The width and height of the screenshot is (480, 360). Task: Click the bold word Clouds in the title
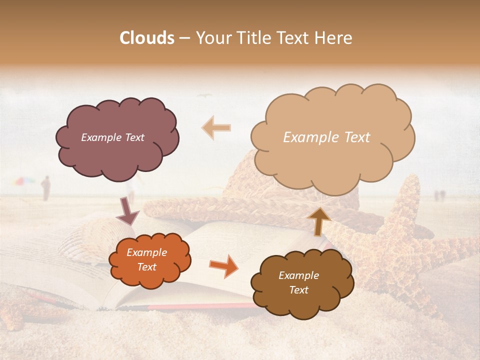coord(147,38)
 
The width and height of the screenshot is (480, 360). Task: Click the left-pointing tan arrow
coord(216,128)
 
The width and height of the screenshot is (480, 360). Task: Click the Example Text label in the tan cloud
coord(326,137)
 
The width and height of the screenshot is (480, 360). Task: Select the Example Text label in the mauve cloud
coord(112,137)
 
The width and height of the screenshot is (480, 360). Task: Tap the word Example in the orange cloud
coord(146,252)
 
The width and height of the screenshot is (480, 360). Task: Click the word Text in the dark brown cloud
coord(298,290)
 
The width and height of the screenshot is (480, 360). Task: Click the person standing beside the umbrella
coord(45,188)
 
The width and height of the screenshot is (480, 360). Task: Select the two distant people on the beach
coord(438,195)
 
